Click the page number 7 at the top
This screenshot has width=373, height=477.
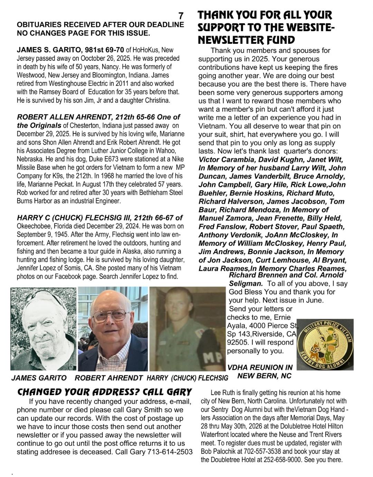tap(181, 16)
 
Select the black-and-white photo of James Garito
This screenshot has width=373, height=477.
tap(44, 328)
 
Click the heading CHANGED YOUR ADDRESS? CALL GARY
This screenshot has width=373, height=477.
tap(104, 392)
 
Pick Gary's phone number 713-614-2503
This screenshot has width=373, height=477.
tap(170, 452)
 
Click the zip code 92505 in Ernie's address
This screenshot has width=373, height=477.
tap(238, 343)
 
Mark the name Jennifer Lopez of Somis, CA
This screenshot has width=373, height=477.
tap(46, 268)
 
